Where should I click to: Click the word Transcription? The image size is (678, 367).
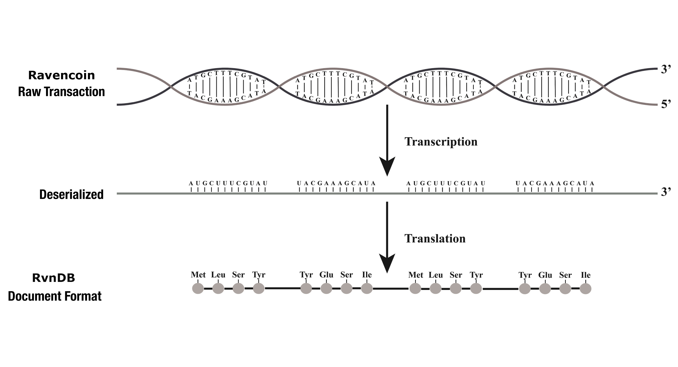pos(441,142)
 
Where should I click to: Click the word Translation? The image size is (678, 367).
pos(435,239)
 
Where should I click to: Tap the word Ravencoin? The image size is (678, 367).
pos(61,75)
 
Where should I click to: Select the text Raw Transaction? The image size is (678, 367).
pos(61,92)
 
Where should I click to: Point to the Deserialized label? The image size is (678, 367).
pos(71,195)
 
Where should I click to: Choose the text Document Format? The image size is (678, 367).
pos(55,296)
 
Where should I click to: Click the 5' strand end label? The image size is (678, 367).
pos(666,104)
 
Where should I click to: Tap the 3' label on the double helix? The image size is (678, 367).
pos(666,70)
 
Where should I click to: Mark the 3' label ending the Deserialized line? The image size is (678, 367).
pos(666,192)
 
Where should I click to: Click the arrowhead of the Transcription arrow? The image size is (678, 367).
pos(387,166)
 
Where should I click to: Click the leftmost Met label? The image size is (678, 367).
pos(198,275)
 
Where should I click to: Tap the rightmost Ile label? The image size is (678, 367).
pos(586,275)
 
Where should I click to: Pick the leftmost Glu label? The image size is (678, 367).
pos(326,275)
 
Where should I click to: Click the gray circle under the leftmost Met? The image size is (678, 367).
pos(198,288)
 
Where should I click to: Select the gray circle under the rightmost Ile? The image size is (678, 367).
pos(586,289)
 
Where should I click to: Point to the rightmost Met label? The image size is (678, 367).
pos(416,275)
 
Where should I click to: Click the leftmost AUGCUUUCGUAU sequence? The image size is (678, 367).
pos(228,183)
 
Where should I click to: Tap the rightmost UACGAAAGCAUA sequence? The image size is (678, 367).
pos(555,183)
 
